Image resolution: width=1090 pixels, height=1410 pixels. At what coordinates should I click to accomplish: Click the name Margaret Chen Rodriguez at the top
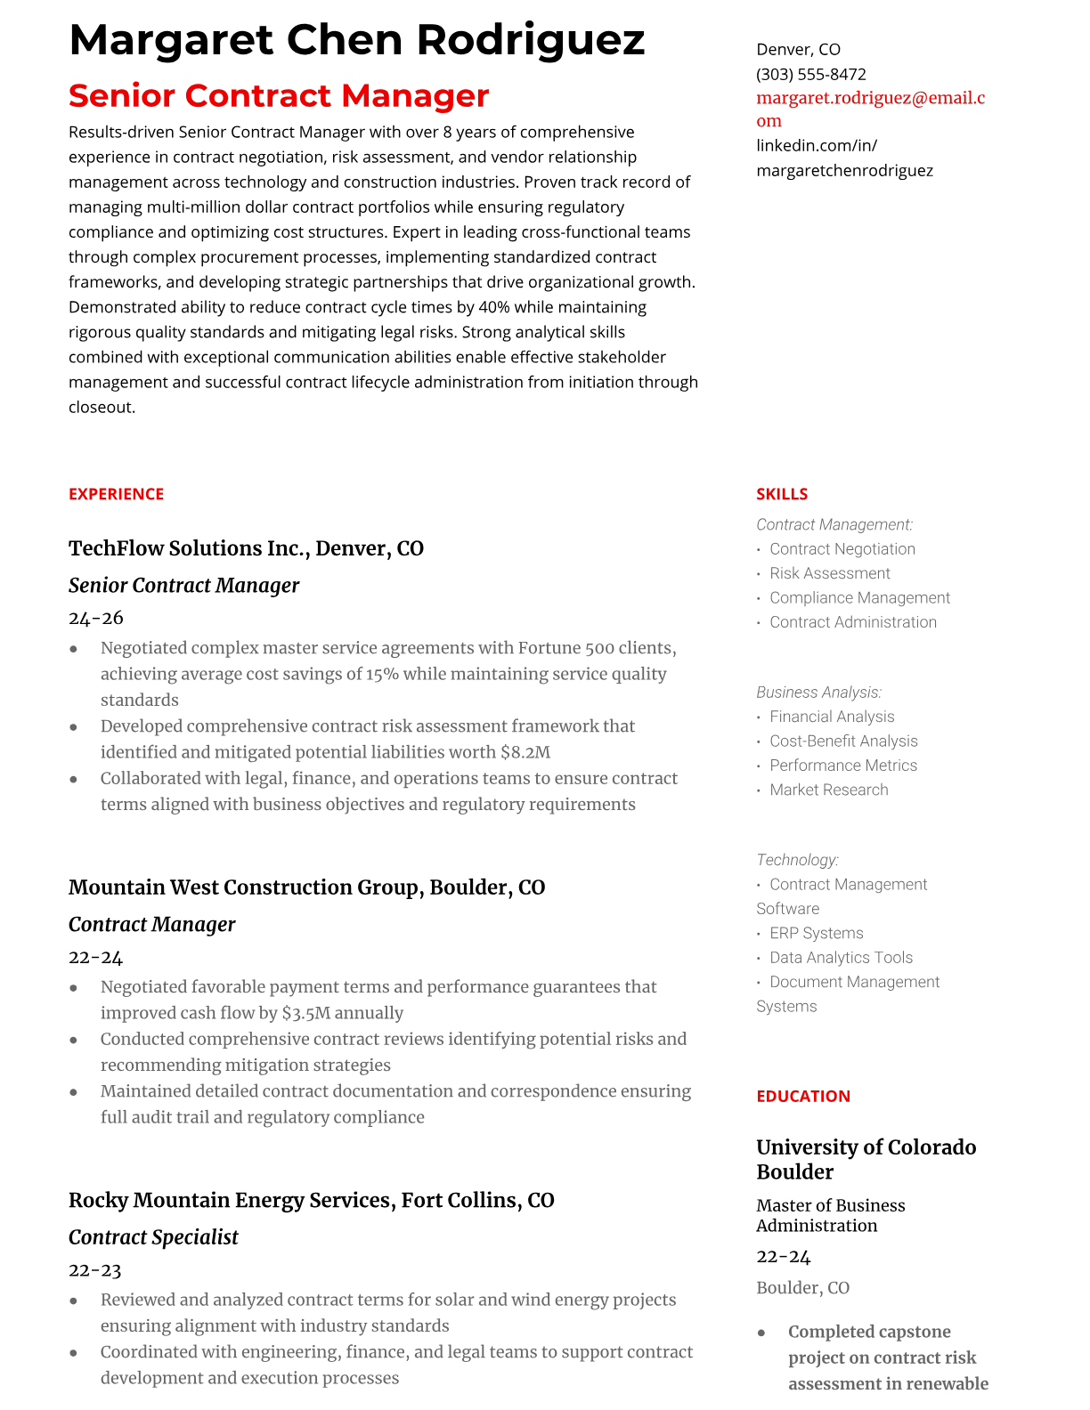pyautogui.click(x=356, y=40)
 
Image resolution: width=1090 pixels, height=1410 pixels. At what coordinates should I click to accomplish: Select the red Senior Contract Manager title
pyautogui.click(x=279, y=95)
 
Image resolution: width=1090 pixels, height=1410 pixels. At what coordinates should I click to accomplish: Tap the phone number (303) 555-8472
pyautogui.click(x=810, y=74)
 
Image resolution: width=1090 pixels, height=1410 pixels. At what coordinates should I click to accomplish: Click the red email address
pyautogui.click(x=870, y=109)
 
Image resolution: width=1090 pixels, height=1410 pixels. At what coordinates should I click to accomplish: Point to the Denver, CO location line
pyautogui.click(x=798, y=49)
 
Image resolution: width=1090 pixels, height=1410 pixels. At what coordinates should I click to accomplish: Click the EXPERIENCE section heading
pyautogui.click(x=116, y=494)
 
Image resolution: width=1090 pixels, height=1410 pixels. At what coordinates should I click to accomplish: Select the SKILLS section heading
pyautogui.click(x=782, y=494)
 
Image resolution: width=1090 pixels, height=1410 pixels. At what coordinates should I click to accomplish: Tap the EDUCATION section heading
pyautogui.click(x=802, y=1097)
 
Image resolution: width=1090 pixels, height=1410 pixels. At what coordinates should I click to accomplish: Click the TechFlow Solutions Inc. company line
pyautogui.click(x=246, y=548)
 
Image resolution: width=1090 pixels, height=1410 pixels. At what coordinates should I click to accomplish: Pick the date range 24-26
pyautogui.click(x=96, y=618)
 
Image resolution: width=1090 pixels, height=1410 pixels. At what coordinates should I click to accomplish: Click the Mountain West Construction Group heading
pyautogui.click(x=306, y=887)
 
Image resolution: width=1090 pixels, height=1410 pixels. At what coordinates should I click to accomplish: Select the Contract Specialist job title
pyautogui.click(x=153, y=1237)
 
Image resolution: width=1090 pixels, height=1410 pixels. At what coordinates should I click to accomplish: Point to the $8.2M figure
pyautogui.click(x=525, y=752)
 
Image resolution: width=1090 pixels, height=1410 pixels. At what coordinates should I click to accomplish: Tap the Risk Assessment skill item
pyautogui.click(x=829, y=573)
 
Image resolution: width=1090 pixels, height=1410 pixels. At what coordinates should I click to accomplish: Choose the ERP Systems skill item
pyautogui.click(x=816, y=933)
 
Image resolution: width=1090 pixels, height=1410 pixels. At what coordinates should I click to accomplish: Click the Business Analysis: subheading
pyautogui.click(x=818, y=693)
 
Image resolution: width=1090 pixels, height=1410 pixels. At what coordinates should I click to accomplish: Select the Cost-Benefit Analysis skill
pyautogui.click(x=842, y=741)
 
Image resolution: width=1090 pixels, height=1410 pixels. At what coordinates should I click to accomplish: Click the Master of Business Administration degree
pyautogui.click(x=830, y=1215)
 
